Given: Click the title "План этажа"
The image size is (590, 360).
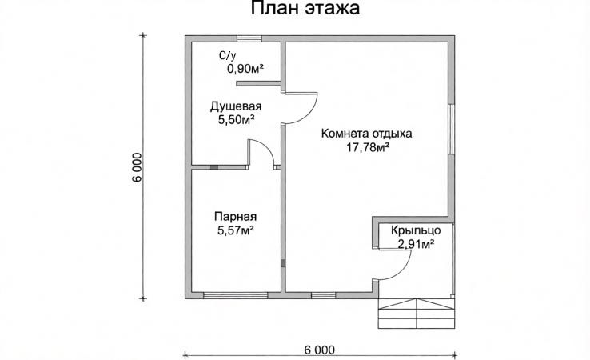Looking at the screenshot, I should click(x=294, y=10).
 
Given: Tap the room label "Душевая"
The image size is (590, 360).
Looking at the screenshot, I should click(x=236, y=106).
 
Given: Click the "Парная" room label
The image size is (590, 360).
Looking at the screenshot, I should click(x=235, y=216).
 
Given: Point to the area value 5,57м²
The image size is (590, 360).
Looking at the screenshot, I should click(x=235, y=230).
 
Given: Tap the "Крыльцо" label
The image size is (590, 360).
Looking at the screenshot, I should click(x=413, y=230).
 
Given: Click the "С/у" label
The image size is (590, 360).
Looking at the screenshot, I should click(x=228, y=55).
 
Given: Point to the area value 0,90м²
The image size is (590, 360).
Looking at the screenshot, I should click(x=245, y=69).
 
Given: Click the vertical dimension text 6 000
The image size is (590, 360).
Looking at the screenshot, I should click(x=138, y=167).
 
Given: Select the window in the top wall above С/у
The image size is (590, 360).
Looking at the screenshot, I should click(x=249, y=38).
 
